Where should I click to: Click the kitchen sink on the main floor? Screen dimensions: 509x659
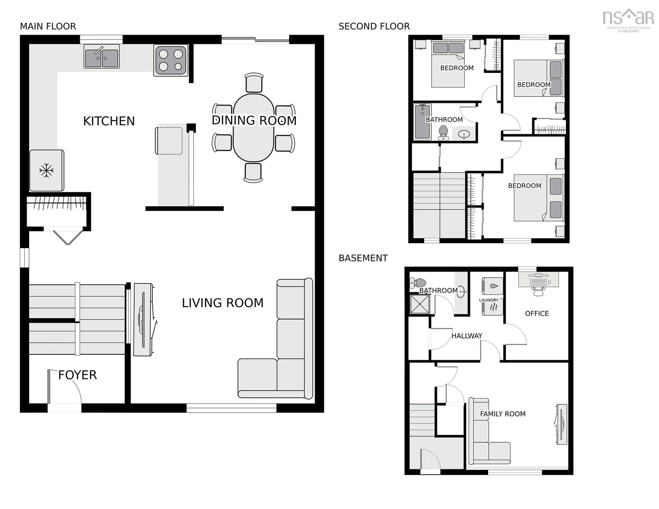pyautogui.click(x=102, y=57)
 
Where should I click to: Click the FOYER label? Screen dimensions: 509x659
pyautogui.click(x=78, y=375)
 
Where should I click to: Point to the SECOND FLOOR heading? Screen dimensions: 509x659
pyautogui.click(x=374, y=27)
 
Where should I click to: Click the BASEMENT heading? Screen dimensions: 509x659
pyautogui.click(x=363, y=258)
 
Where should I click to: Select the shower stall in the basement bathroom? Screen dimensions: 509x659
pyautogui.click(x=420, y=304)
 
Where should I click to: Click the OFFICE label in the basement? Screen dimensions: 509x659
pyautogui.click(x=537, y=314)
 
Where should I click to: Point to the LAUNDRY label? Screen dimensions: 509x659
pyautogui.click(x=489, y=300)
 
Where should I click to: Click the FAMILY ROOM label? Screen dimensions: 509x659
pyautogui.click(x=503, y=414)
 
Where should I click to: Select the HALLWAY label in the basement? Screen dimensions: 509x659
pyautogui.click(x=467, y=336)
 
